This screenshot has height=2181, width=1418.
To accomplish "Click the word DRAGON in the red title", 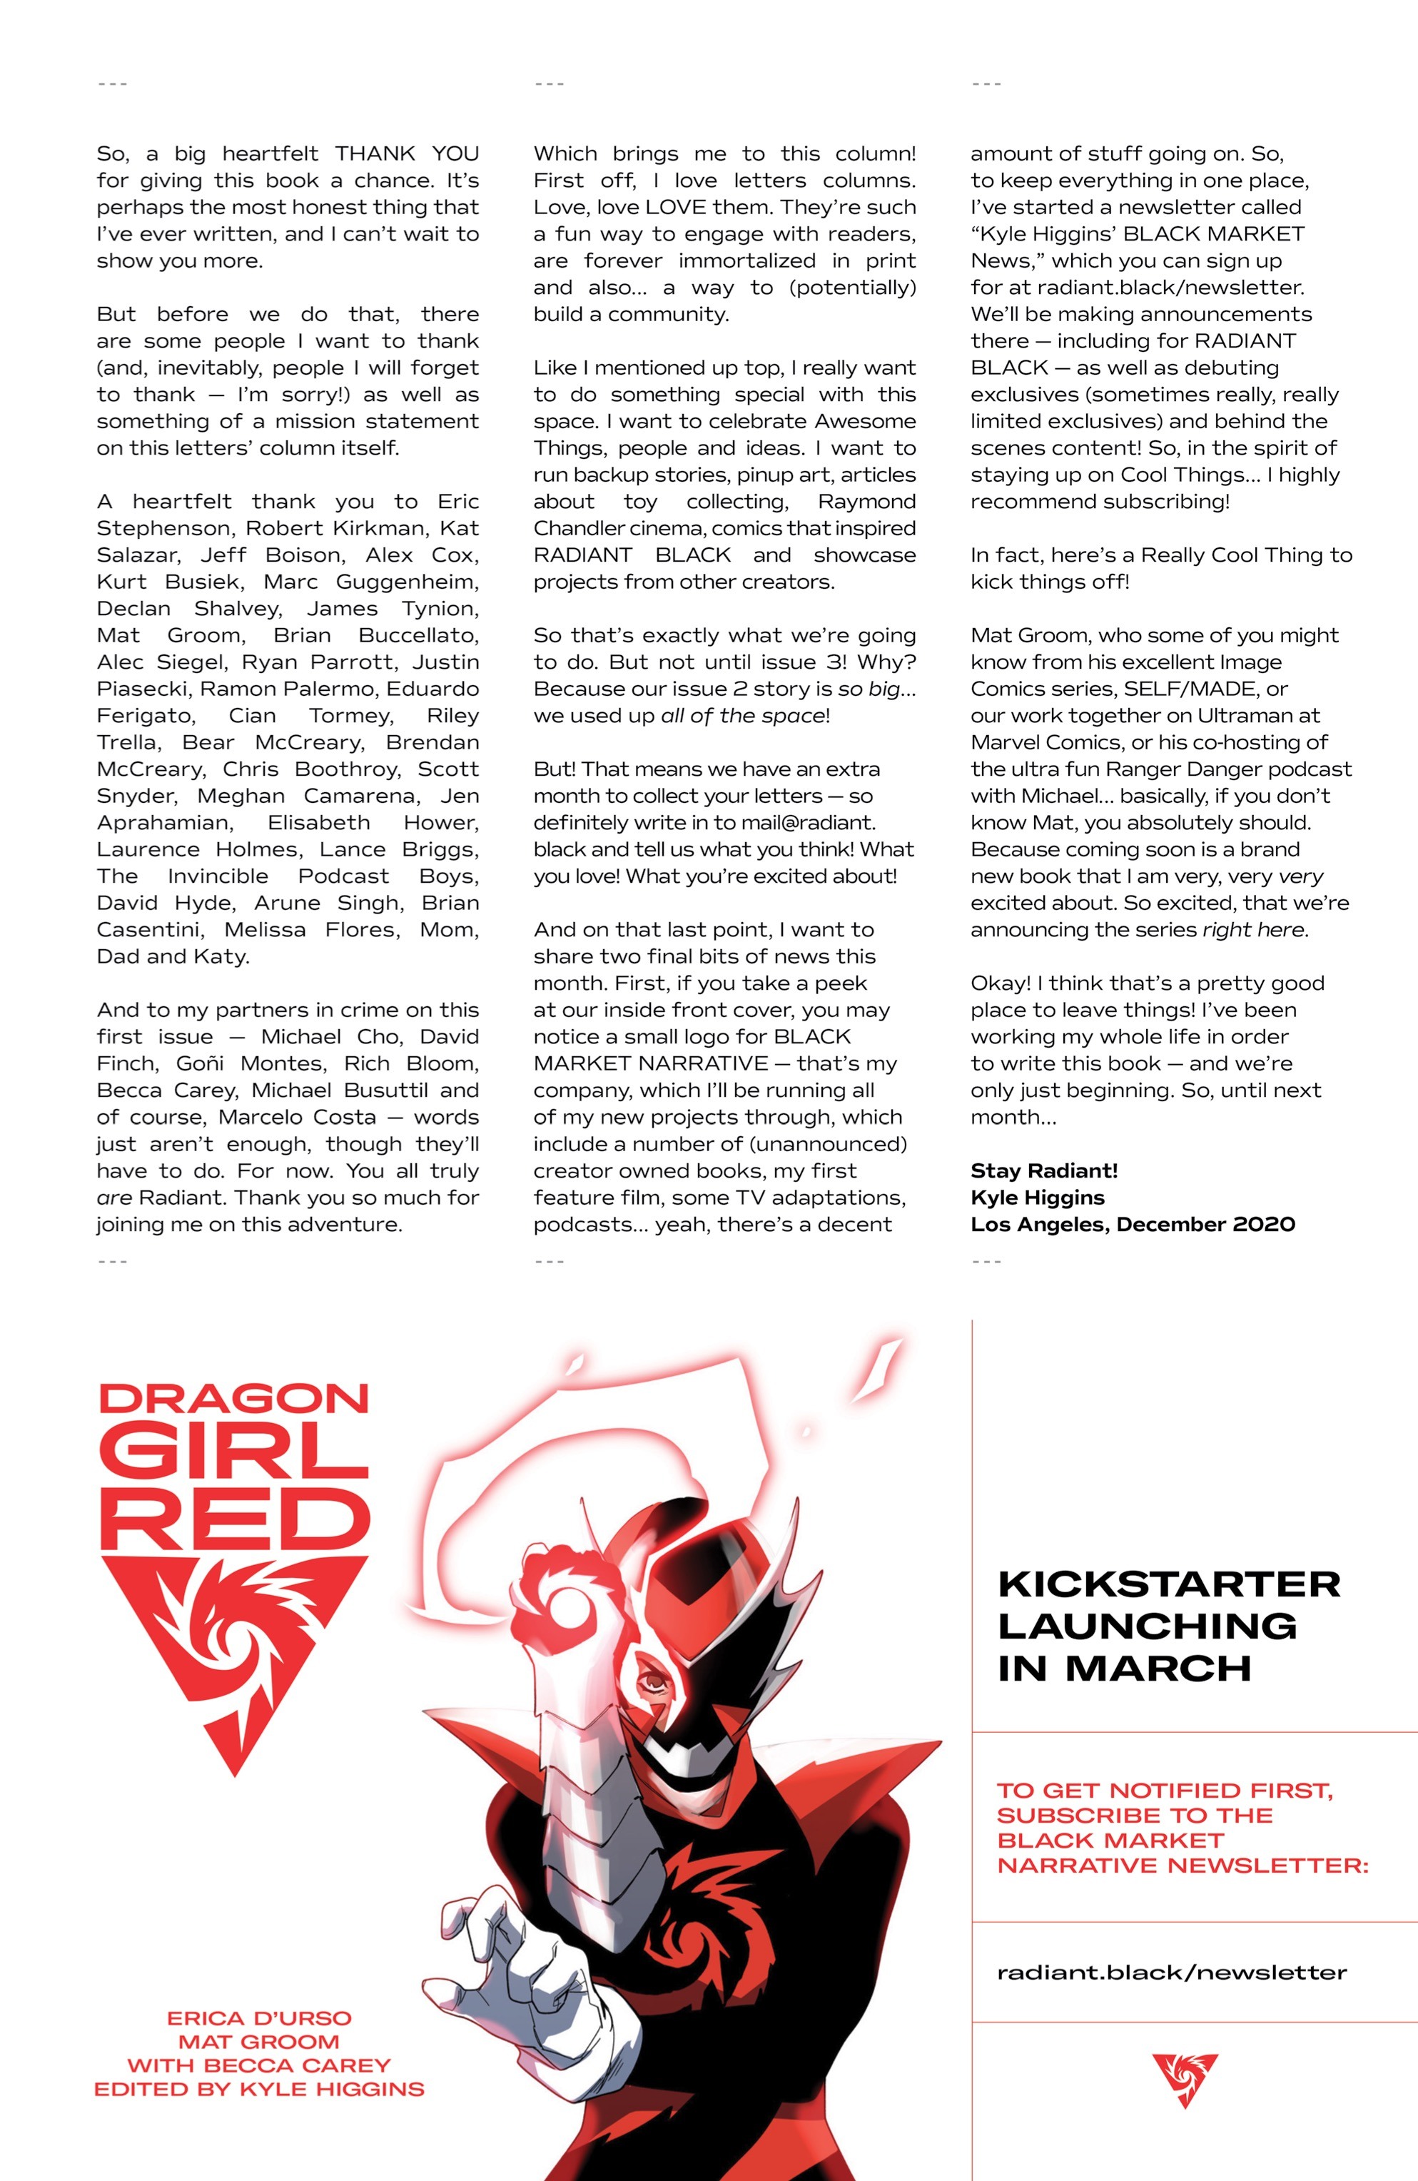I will point(234,1398).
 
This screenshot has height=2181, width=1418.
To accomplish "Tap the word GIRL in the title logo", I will point(234,1454).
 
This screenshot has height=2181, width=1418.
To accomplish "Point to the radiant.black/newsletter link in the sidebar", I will point(1171,1973).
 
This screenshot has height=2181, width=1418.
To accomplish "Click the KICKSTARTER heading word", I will point(1169,1584).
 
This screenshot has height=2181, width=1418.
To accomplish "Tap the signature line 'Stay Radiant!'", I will point(1044,1170).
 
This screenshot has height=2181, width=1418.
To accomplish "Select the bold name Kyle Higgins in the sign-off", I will point(1038,1197).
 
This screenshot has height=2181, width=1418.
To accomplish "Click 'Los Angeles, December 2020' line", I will point(1132,1224).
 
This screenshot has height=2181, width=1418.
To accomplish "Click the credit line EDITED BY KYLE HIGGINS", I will point(259,2090).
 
